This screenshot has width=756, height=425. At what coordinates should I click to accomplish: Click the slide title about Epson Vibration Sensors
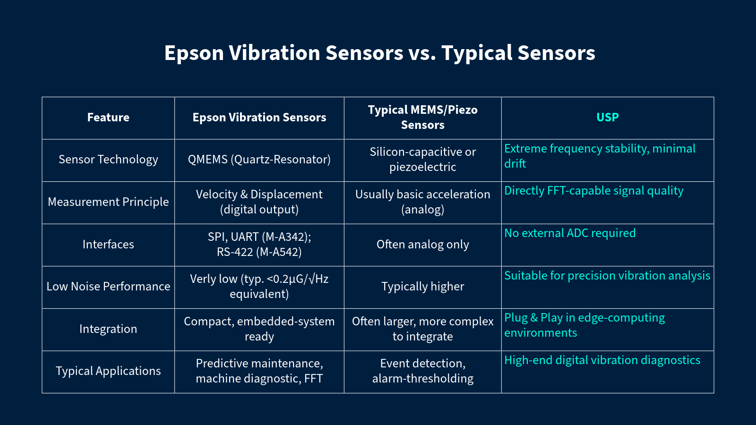[379, 53]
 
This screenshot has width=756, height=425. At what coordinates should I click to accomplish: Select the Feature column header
[108, 118]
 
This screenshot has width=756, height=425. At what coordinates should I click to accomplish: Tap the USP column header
[607, 118]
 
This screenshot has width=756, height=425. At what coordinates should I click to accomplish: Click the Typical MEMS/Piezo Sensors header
[422, 118]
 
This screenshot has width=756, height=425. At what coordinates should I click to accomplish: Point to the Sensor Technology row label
[108, 160]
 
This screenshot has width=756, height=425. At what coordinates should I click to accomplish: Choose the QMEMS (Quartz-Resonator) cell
[259, 160]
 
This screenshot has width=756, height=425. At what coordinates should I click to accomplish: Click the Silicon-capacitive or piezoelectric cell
[422, 160]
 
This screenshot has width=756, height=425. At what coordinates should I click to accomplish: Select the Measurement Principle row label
[108, 202]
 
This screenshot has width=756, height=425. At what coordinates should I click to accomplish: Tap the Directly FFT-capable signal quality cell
[593, 191]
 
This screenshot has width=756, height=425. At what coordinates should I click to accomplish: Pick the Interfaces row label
[108, 245]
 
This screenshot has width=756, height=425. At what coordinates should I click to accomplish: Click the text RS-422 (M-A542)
[259, 252]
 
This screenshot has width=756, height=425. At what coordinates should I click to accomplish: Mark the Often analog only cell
[422, 245]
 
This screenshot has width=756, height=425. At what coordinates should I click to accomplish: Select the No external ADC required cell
[570, 233]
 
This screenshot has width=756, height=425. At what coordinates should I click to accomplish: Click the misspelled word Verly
[201, 279]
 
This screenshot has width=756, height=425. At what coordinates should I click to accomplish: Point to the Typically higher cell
[422, 287]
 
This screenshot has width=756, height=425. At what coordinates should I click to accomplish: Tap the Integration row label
[108, 329]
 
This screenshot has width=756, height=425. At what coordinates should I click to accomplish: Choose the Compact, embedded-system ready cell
[259, 329]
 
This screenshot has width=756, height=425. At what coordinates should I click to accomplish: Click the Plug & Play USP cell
[584, 325]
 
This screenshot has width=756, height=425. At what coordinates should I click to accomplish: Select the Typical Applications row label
[108, 371]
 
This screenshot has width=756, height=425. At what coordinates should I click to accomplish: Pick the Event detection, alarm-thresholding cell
[422, 371]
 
